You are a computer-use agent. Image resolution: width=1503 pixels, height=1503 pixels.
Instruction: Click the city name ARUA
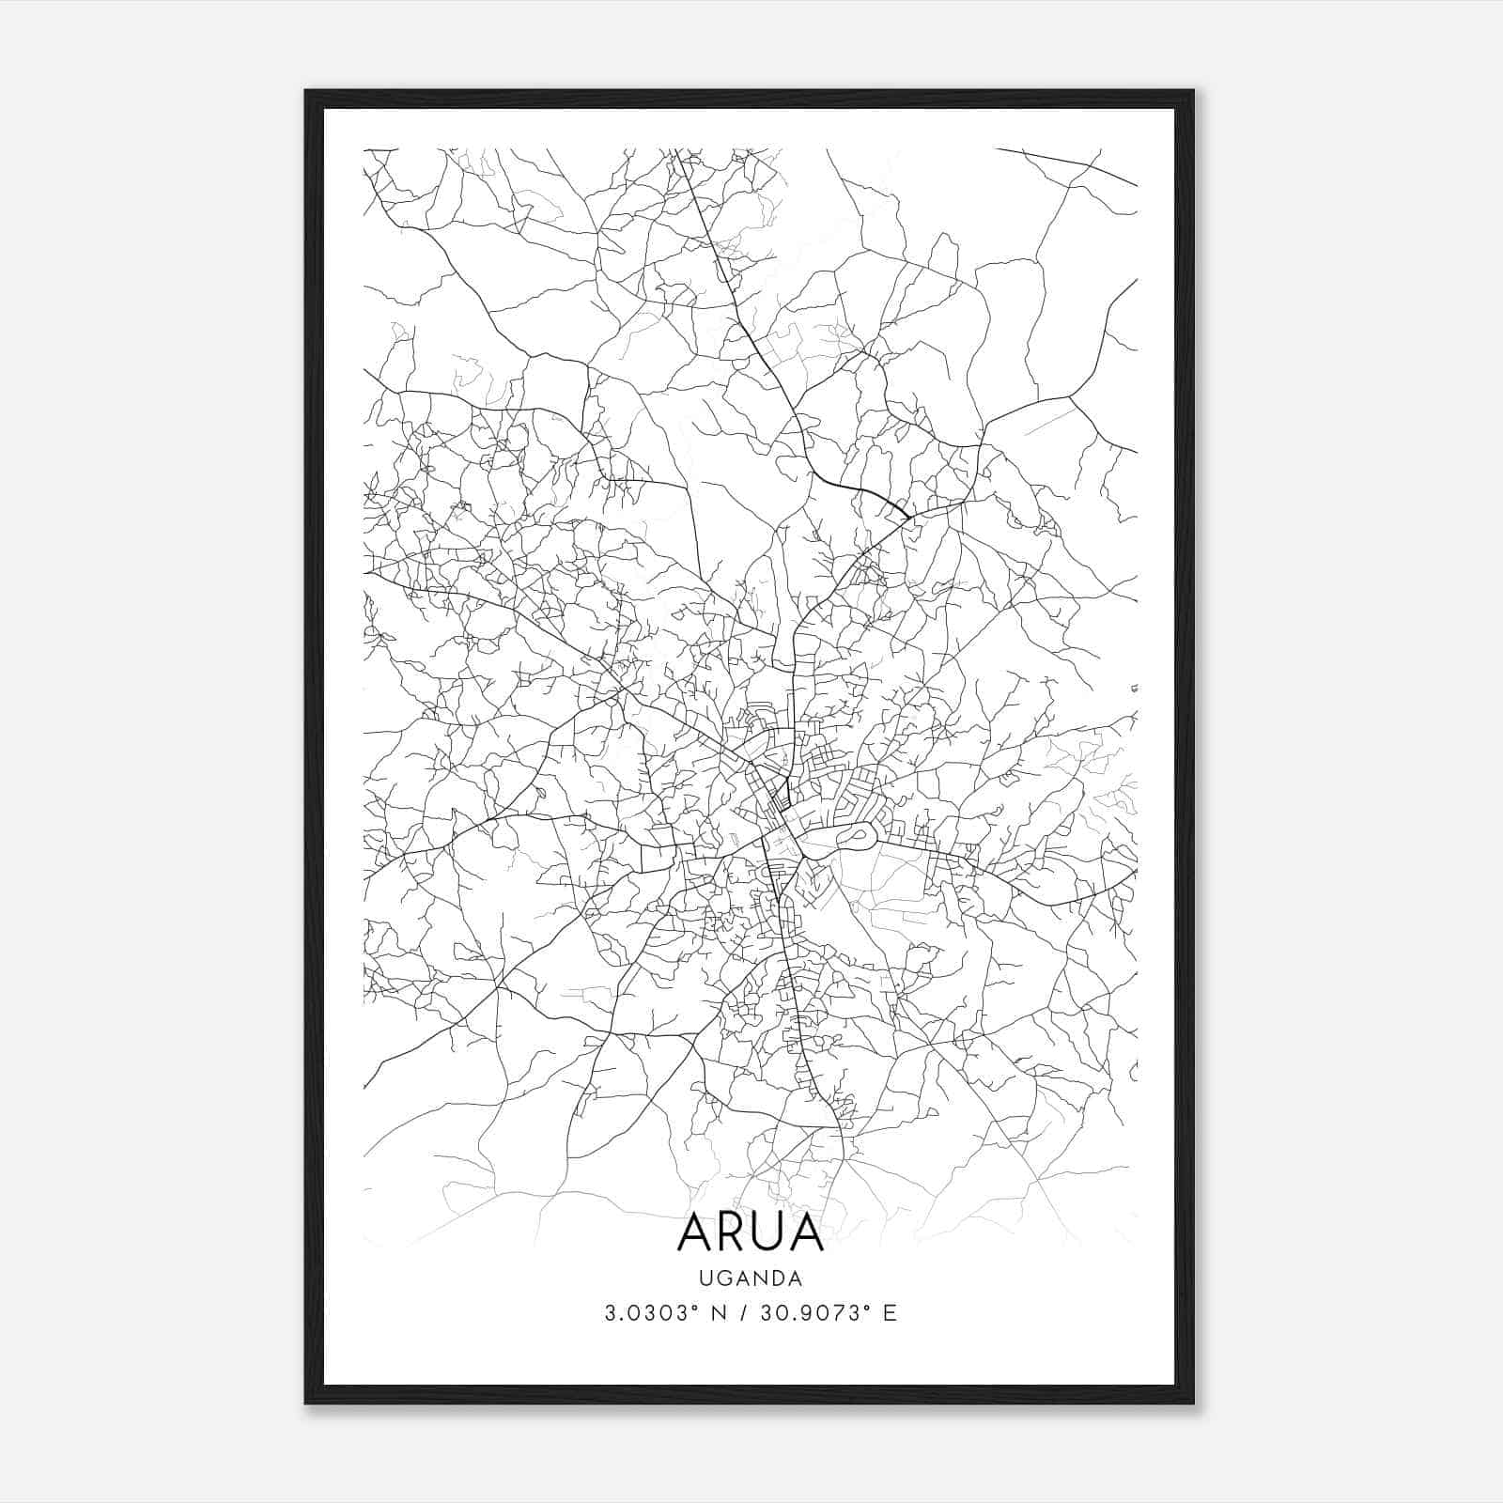point(750,1232)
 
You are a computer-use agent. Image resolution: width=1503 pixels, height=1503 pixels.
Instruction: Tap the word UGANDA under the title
point(750,1278)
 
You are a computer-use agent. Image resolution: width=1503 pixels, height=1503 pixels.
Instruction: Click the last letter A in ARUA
point(808,1232)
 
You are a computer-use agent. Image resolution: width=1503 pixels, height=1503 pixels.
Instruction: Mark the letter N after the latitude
point(719,1312)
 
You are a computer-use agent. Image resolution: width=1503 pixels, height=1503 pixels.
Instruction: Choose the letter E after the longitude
point(890,1312)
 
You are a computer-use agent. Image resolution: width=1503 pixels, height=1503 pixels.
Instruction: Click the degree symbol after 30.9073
point(868,1306)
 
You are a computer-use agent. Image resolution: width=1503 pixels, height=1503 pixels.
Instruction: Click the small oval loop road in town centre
point(857,832)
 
